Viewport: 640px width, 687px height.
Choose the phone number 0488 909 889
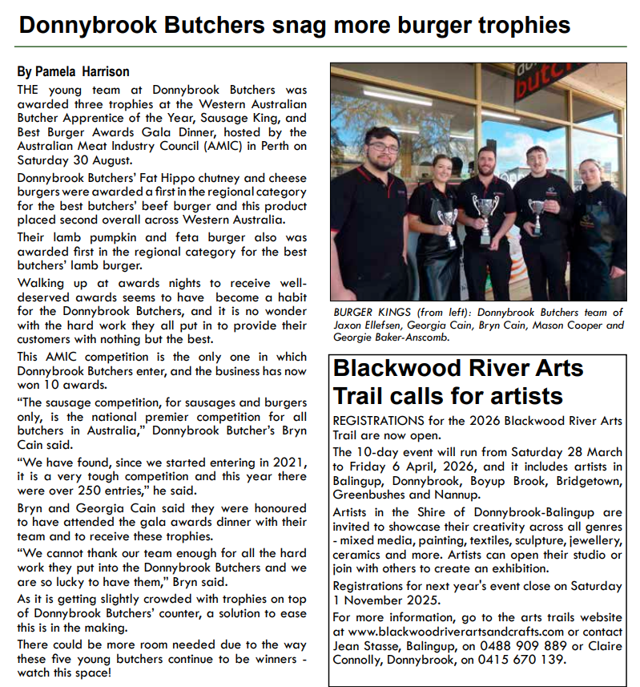coord(477,646)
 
